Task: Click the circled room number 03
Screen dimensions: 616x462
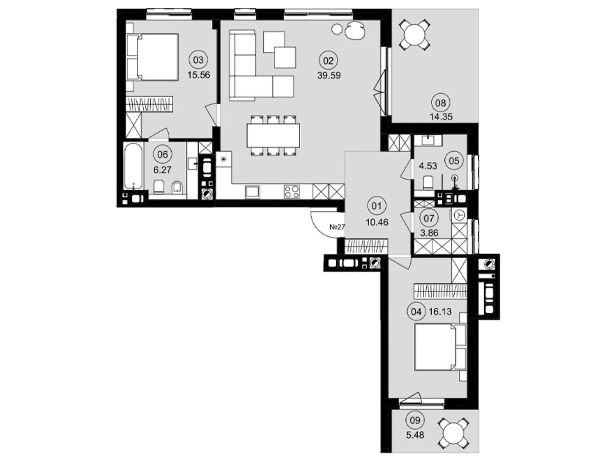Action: click(x=198, y=60)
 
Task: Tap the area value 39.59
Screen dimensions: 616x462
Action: click(x=329, y=75)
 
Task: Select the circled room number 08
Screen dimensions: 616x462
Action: click(x=440, y=103)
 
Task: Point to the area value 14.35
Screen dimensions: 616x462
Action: click(x=441, y=117)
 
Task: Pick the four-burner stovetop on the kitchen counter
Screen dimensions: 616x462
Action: click(x=292, y=192)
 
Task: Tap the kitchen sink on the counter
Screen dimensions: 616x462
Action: click(x=253, y=192)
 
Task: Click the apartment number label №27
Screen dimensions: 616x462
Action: click(x=337, y=227)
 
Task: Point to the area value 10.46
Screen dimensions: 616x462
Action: click(x=377, y=223)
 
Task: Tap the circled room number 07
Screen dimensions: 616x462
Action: click(x=429, y=218)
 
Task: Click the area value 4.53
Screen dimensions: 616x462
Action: click(x=428, y=166)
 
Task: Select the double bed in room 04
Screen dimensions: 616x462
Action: click(x=440, y=347)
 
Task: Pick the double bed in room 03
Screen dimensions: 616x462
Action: click(x=153, y=57)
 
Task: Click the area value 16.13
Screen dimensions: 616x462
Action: click(x=440, y=311)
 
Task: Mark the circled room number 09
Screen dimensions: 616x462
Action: click(x=415, y=420)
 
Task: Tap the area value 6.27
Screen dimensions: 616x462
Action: click(x=162, y=170)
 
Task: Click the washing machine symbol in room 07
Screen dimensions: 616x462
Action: click(x=460, y=216)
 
